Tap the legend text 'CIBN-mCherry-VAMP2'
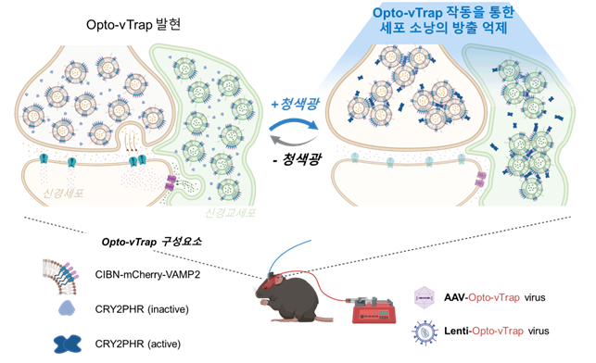pyautogui.click(x=154, y=273)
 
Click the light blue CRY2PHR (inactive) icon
pyautogui.click(x=68, y=308)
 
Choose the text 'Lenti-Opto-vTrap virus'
pyautogui.click(x=514, y=330)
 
